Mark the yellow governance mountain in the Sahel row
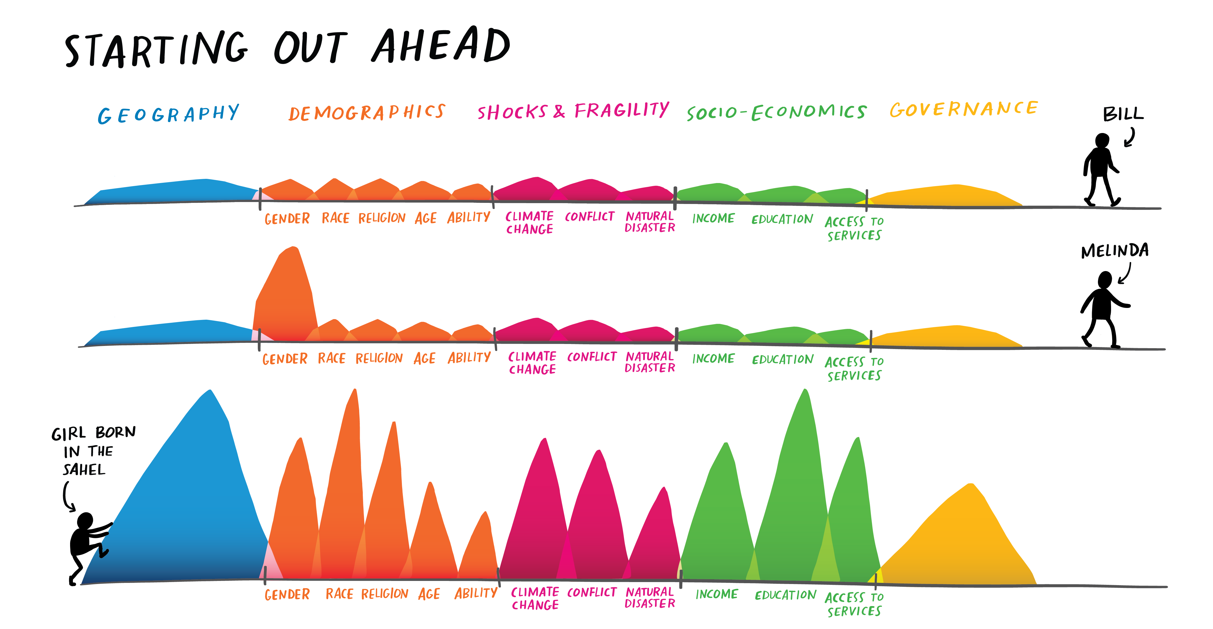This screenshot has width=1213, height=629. pos(961,542)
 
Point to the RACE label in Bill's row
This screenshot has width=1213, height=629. pos(335,218)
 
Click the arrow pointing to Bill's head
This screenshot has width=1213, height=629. pos(1130,137)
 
